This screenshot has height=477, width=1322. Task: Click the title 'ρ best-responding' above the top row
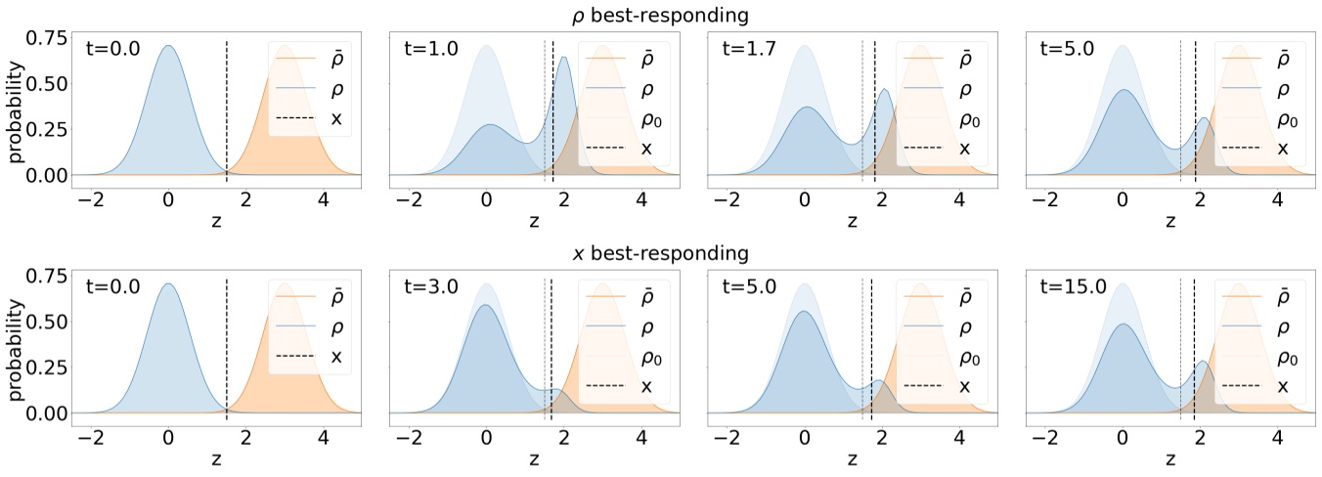coord(661,16)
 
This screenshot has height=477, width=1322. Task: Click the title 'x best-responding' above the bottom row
coord(661,254)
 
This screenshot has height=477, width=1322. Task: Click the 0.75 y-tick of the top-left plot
coord(49,40)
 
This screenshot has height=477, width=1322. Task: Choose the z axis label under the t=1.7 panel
coord(852,222)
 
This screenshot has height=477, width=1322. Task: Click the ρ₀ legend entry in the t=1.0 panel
coord(632,119)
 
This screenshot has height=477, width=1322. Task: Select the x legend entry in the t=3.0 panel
coord(632,386)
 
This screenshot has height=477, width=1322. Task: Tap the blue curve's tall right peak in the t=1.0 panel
coord(563,59)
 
